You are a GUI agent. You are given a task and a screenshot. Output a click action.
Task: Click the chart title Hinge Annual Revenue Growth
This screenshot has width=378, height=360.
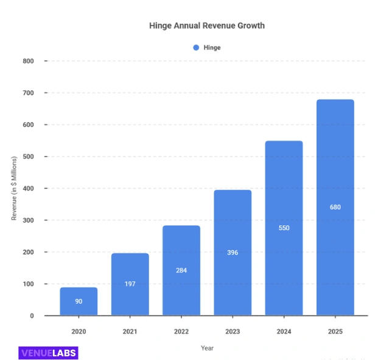tap(207, 26)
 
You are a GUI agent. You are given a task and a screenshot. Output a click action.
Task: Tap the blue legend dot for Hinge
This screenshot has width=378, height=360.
tap(196, 48)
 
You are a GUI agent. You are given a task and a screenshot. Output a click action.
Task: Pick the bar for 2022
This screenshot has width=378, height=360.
tap(181, 270)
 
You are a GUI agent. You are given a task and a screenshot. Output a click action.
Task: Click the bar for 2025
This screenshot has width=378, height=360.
tap(335, 207)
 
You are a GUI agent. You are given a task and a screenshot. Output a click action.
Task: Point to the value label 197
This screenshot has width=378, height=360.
tap(130, 284)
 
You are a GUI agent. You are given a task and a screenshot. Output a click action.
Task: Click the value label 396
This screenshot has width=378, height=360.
tap(232, 252)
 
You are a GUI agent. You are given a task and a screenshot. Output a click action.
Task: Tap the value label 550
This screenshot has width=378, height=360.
tap(284, 228)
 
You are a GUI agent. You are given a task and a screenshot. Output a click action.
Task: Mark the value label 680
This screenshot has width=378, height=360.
tap(335, 207)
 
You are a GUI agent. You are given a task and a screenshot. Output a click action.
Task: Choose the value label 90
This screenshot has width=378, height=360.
tap(79, 302)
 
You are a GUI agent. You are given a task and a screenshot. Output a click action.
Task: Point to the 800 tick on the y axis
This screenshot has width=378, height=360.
tap(28, 61)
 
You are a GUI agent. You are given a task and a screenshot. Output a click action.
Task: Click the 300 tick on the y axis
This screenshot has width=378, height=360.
tap(28, 220)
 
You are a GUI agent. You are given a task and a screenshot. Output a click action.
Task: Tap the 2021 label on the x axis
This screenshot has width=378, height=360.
tap(130, 331)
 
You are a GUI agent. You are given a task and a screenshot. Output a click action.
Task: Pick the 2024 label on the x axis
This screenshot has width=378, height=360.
tap(284, 331)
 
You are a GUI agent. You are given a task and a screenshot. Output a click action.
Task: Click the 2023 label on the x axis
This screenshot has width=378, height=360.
tap(232, 331)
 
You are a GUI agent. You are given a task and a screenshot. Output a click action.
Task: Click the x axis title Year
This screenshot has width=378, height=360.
tap(207, 348)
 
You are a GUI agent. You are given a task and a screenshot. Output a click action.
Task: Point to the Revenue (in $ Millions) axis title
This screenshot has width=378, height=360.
tap(14, 188)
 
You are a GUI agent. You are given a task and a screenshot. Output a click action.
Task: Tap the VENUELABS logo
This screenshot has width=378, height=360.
tap(48, 352)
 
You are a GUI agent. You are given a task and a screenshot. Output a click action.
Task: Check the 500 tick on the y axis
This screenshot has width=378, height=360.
tap(28, 157)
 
